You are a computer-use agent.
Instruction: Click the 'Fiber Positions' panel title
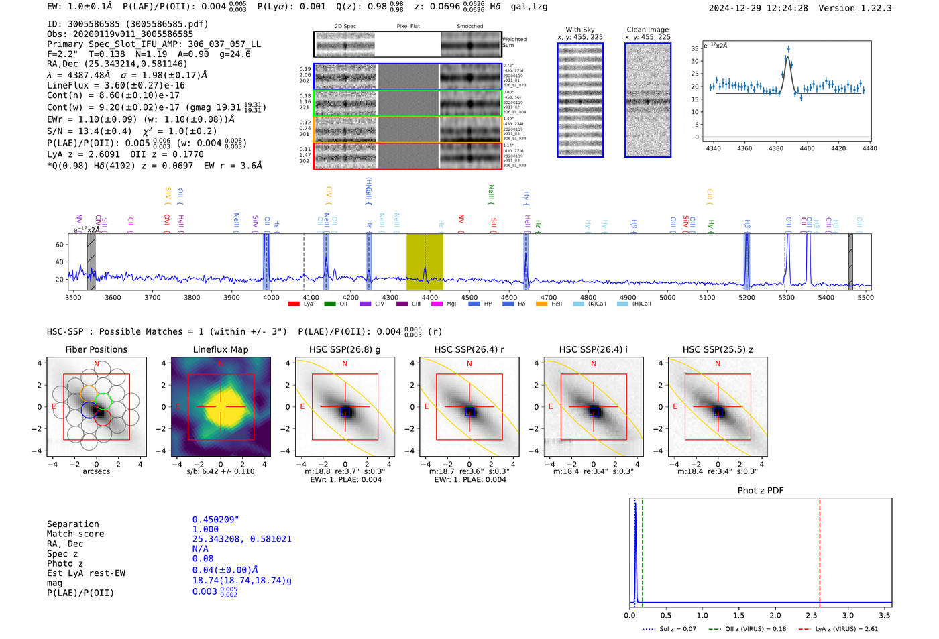coord(96,349)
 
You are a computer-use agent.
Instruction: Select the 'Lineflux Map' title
coord(221,349)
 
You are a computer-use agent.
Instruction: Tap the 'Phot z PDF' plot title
coord(761,490)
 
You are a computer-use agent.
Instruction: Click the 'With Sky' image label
coord(580,30)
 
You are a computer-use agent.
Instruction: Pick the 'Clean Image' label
coord(648,30)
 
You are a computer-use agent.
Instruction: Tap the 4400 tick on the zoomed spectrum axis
coord(807,148)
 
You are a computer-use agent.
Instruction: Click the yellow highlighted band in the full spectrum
coord(425,262)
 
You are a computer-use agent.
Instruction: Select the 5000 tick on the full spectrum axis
coord(667,297)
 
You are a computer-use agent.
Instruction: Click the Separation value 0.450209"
coord(216,520)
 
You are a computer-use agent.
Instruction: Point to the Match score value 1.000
coord(205,529)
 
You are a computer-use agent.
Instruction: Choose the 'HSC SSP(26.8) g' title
coord(345,349)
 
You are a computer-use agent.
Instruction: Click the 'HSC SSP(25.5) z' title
coord(718,349)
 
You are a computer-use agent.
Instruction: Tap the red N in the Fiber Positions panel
coord(97,364)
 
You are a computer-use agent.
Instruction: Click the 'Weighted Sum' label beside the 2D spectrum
coord(514,42)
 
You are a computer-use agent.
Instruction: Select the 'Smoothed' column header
coord(469,27)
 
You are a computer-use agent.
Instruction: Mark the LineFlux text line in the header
coord(115,85)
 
